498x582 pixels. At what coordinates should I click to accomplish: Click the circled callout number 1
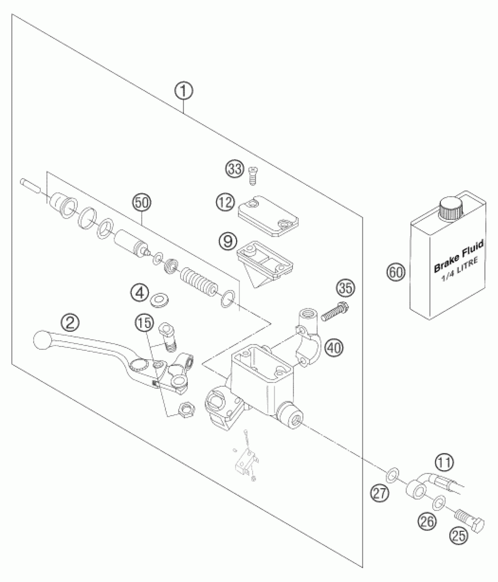point(184,91)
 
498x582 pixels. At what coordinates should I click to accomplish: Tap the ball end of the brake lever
point(41,340)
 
